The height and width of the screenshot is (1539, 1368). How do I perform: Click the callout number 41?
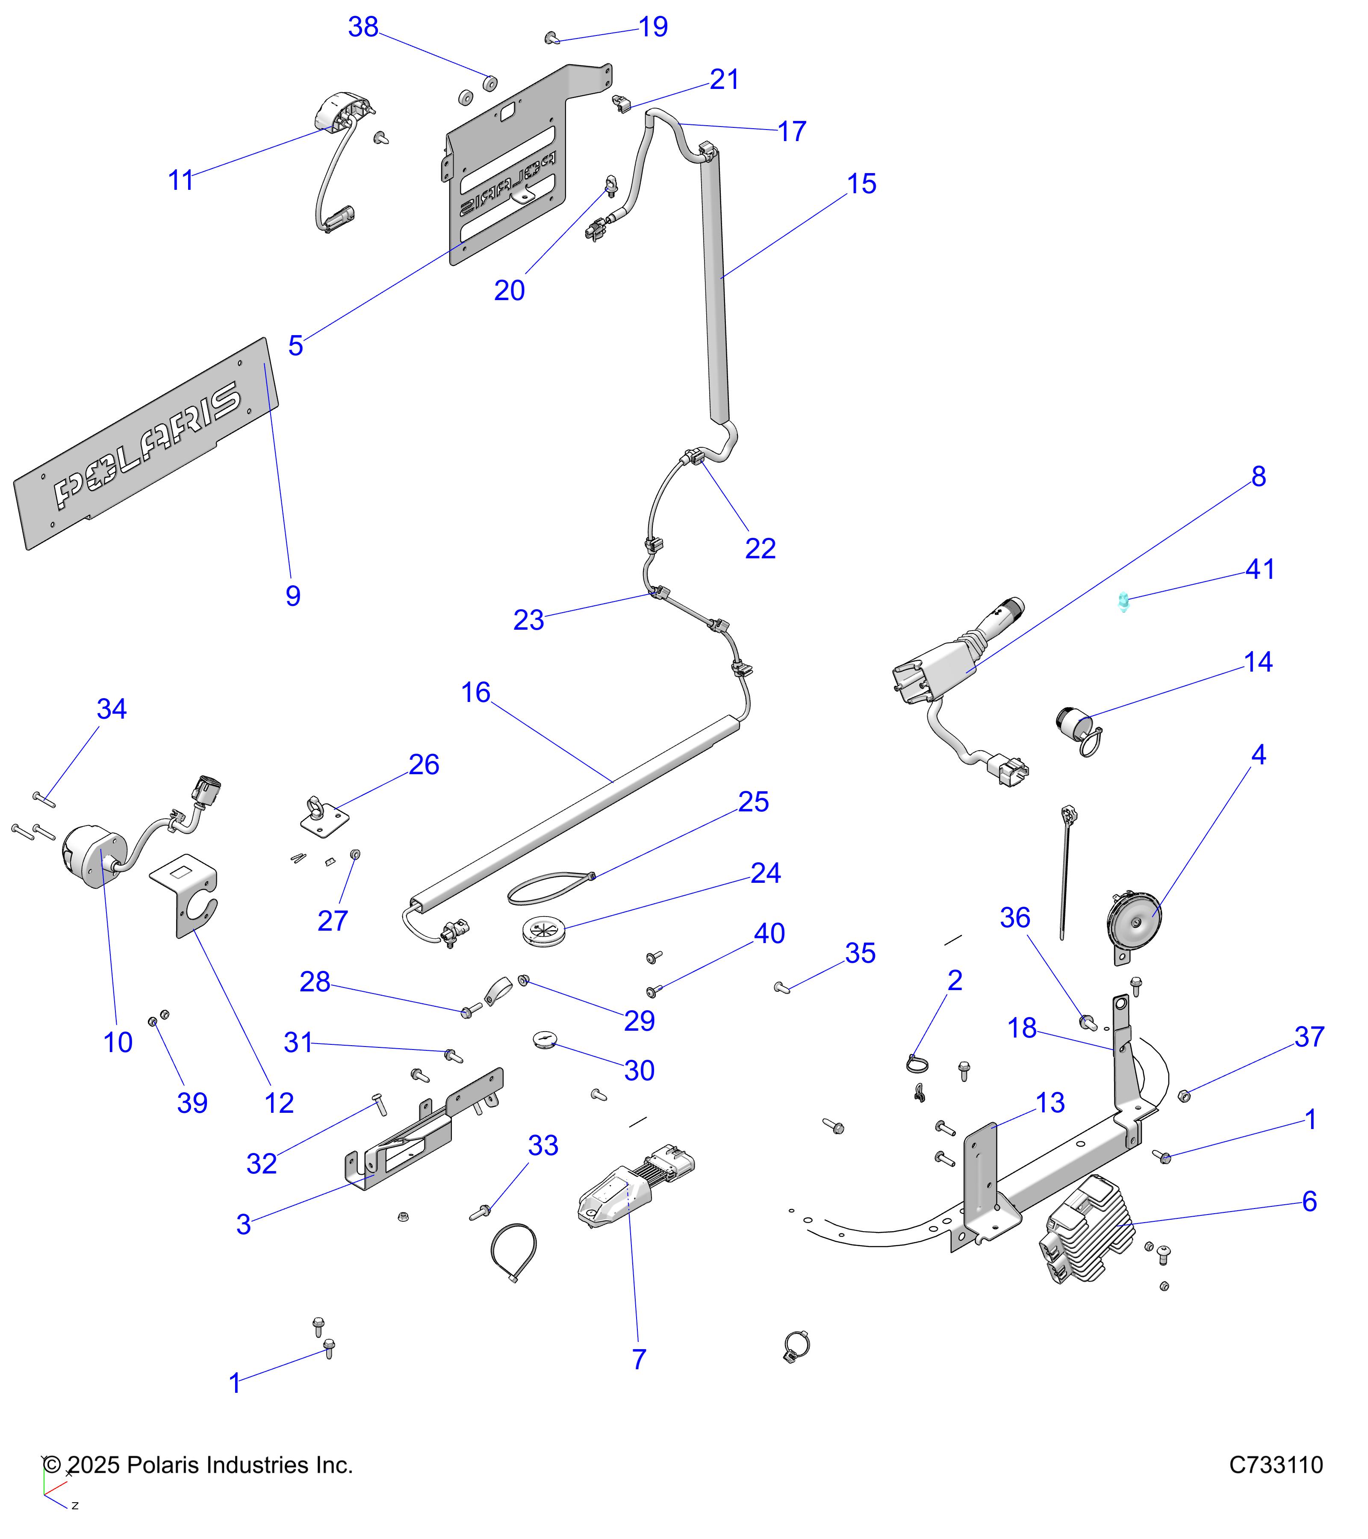[1259, 569]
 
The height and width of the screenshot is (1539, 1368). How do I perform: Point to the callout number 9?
[293, 596]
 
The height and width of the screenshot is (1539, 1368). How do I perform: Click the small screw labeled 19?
[551, 37]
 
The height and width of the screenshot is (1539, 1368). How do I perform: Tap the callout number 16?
[475, 692]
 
